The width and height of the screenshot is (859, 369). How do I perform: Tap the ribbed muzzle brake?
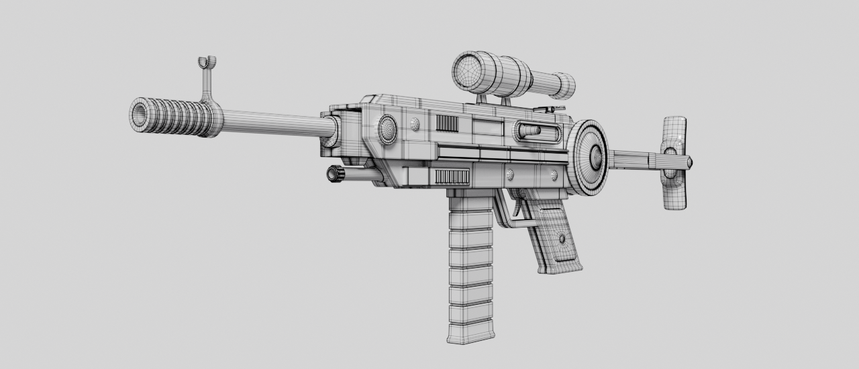178,117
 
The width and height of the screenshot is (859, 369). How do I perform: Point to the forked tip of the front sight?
207,62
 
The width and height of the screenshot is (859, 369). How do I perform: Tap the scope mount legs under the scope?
493,100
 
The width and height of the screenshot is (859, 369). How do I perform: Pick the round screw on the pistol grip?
562,238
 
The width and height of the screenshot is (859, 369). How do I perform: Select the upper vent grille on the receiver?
447,123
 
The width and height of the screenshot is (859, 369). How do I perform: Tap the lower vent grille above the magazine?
452,176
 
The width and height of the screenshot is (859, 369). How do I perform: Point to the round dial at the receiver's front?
387,129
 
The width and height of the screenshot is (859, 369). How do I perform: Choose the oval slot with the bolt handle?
538,131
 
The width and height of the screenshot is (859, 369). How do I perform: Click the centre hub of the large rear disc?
595,158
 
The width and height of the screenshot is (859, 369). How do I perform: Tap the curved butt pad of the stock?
674,162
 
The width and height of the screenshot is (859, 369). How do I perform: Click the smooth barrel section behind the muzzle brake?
275,123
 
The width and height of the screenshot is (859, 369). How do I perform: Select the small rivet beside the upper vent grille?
415,123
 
